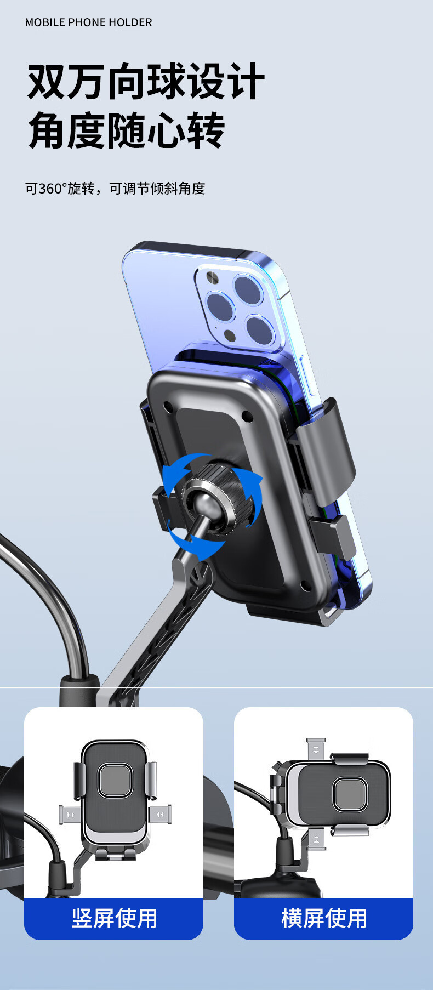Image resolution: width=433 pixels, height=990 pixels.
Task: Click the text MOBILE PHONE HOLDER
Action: pyautogui.click(x=89, y=22)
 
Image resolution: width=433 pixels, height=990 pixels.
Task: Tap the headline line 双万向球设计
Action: pyautogui.click(x=146, y=82)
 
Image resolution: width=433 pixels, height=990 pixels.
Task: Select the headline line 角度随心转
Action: pyautogui.click(x=127, y=130)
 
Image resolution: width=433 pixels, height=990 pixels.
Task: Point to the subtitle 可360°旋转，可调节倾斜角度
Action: pyautogui.click(x=115, y=189)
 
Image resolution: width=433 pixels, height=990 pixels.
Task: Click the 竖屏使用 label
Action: pyautogui.click(x=115, y=918)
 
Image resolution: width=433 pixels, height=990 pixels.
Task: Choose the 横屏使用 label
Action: pyautogui.click(x=324, y=918)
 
